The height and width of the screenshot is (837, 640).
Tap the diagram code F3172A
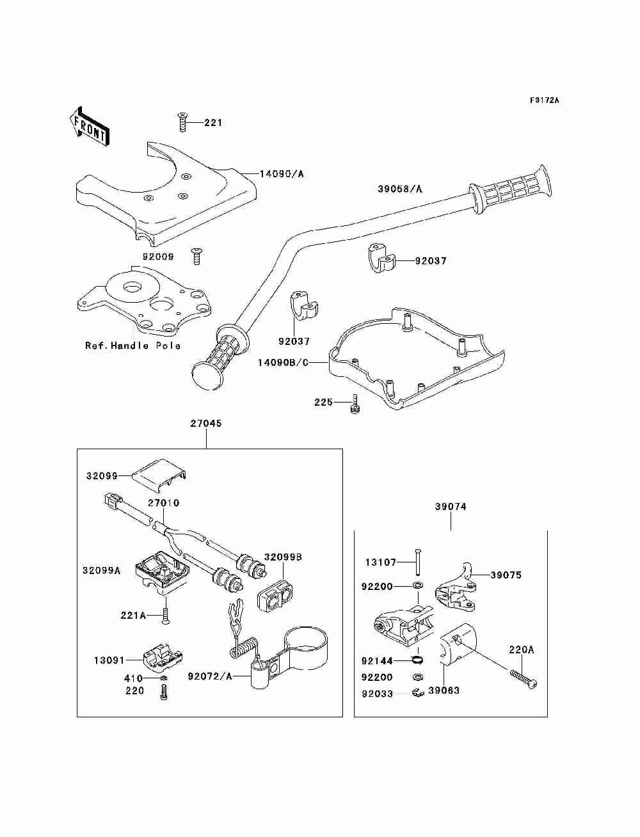pyautogui.click(x=544, y=100)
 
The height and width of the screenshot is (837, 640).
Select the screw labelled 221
pyautogui.click(x=182, y=122)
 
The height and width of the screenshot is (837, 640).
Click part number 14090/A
pyautogui.click(x=282, y=174)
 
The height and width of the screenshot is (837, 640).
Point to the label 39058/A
pyautogui.click(x=400, y=189)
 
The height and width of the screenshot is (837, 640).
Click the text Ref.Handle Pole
pyautogui.click(x=132, y=346)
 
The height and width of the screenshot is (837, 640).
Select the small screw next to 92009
pyautogui.click(x=196, y=256)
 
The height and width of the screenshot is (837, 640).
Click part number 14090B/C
pyautogui.click(x=283, y=362)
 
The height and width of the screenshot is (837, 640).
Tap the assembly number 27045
pyautogui.click(x=206, y=424)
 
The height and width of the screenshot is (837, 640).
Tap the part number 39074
pyautogui.click(x=451, y=507)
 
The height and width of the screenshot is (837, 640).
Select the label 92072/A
pyautogui.click(x=210, y=676)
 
